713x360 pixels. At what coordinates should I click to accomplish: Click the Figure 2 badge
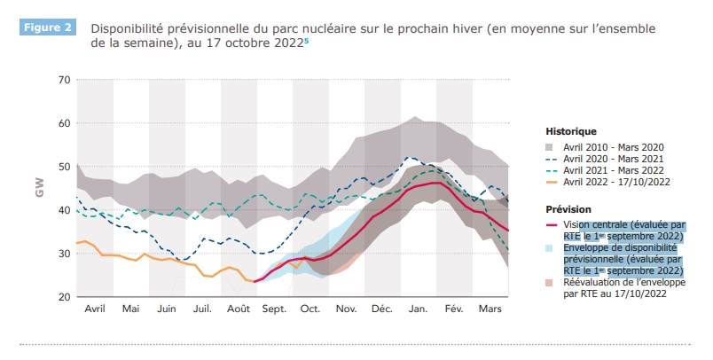click(x=46, y=27)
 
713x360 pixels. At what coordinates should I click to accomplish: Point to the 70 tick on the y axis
click(x=63, y=80)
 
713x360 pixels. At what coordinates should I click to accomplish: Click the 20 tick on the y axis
click(x=63, y=297)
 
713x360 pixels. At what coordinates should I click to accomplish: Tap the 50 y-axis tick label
click(x=63, y=167)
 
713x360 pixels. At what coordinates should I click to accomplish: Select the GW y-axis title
click(x=39, y=188)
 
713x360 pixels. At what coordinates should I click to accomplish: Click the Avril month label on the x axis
click(x=95, y=309)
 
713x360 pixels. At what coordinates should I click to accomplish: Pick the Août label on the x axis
click(x=238, y=309)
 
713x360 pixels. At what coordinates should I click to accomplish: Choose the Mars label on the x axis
click(x=490, y=309)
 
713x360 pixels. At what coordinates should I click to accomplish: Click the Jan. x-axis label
click(x=419, y=309)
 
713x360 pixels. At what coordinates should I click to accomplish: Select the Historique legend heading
click(x=571, y=131)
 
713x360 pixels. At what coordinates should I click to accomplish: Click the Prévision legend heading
click(x=569, y=209)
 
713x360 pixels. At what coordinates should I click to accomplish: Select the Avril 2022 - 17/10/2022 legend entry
click(x=616, y=181)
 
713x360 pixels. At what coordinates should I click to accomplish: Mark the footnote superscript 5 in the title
click(x=308, y=39)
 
